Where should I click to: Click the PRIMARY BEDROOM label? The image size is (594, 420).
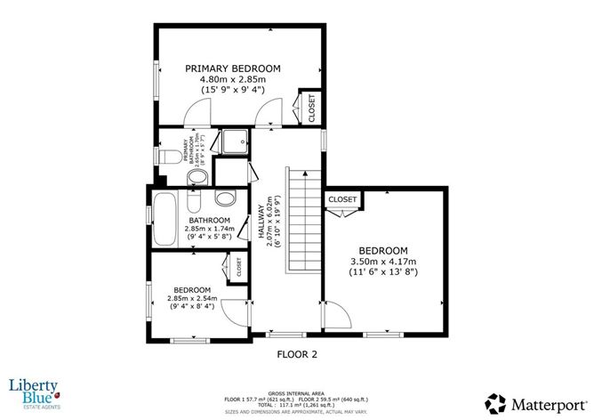click(x=232, y=69)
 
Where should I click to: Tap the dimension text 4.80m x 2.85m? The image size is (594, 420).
click(x=232, y=80)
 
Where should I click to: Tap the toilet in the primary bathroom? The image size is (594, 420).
click(x=168, y=157)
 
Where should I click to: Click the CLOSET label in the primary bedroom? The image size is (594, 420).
click(x=311, y=108)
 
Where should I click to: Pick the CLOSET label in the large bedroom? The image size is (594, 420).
click(x=342, y=200)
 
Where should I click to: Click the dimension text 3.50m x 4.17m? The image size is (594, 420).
click(x=383, y=262)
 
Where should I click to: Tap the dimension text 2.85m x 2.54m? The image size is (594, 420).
click(x=192, y=299)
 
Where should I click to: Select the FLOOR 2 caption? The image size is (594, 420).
click(x=297, y=353)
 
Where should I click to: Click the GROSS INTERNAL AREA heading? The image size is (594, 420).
click(x=297, y=392)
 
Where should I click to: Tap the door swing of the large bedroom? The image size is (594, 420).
click(x=335, y=314)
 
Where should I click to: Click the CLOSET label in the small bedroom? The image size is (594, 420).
click(x=238, y=266)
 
